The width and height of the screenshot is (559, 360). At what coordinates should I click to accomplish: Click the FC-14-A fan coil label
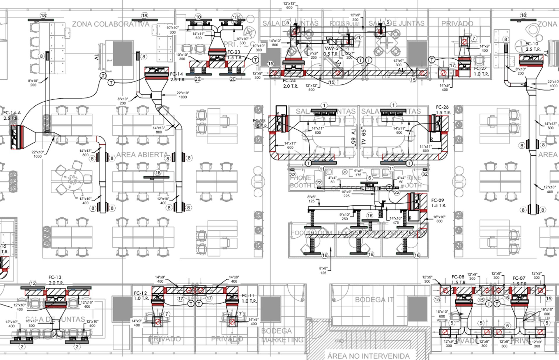pyautogui.click(x=12, y=113)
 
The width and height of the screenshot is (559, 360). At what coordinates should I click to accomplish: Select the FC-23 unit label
pyautogui.click(x=233, y=52)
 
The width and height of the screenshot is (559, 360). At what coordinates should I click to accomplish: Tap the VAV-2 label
pyautogui.click(x=332, y=49)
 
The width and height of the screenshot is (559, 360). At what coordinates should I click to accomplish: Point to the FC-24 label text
pyautogui.click(x=289, y=81)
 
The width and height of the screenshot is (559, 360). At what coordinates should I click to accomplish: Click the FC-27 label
pyautogui.click(x=480, y=68)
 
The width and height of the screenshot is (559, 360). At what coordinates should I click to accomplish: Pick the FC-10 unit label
pyautogui.click(x=532, y=44)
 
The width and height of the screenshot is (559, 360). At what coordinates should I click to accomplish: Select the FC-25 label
pyautogui.click(x=259, y=120)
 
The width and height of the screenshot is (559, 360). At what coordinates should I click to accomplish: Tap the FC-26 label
pyautogui.click(x=442, y=107)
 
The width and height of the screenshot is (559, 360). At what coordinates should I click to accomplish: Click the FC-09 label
pyautogui.click(x=437, y=200)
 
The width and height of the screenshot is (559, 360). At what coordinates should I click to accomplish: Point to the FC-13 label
pyautogui.click(x=55, y=277)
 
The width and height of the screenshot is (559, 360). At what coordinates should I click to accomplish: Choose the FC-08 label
pyautogui.click(x=458, y=277)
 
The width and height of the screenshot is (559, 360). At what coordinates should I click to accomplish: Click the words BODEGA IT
pyautogui.click(x=374, y=300)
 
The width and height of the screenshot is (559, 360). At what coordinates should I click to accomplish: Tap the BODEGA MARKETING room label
pyautogui.click(x=282, y=335)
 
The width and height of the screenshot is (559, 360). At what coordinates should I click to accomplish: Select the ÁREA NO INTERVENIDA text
pyautogui.click(x=368, y=356)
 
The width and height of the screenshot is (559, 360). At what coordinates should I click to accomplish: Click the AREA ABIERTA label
pyautogui.click(x=142, y=155)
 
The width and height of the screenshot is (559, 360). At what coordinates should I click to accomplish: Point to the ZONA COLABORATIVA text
pyautogui.click(x=111, y=24)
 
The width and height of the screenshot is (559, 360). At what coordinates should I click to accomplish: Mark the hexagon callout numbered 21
pyautogui.click(x=358, y=38)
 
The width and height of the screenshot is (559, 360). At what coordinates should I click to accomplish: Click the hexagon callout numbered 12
pyautogui.click(x=33, y=283)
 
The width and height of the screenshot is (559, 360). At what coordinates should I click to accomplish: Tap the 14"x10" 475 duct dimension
pyautogui.click(x=396, y=220)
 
